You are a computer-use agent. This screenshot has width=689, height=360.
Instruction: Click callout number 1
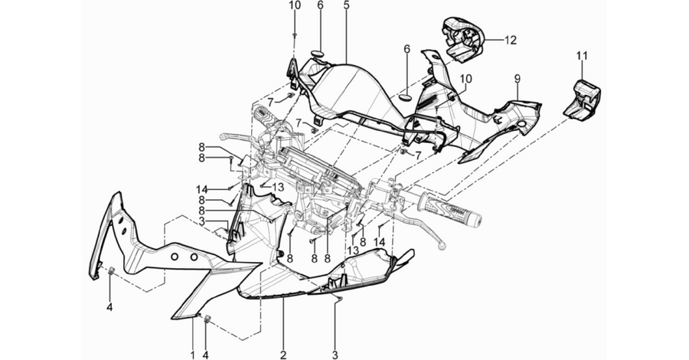click(192, 355)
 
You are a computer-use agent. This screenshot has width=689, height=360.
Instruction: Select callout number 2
click(283, 355)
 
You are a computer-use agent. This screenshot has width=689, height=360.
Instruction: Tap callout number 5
click(346, 5)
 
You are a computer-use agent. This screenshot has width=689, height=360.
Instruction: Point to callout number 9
click(518, 79)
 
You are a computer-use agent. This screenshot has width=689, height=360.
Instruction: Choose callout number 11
click(582, 56)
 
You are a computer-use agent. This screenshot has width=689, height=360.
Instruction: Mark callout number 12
click(510, 40)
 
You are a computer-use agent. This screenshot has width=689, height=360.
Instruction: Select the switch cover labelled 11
click(582, 99)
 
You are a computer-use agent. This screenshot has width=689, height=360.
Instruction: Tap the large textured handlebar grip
click(450, 210)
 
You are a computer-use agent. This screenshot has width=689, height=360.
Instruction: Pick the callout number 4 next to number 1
click(206, 355)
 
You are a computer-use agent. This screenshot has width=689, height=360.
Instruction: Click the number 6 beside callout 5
click(320, 5)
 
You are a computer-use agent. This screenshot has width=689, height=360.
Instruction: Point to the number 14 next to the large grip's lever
click(379, 242)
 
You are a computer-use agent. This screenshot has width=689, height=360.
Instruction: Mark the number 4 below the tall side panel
click(109, 307)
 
